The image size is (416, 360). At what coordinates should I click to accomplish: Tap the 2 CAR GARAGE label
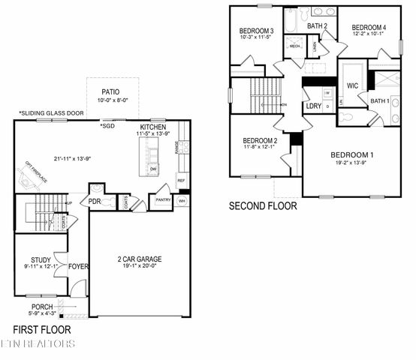(139, 259)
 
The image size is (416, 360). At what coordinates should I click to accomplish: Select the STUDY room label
(31, 260)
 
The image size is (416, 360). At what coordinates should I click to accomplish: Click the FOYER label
(78, 265)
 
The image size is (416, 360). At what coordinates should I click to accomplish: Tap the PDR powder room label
(95, 201)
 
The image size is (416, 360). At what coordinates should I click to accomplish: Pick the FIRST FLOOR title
(42, 329)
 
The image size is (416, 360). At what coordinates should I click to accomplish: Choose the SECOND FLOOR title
(262, 205)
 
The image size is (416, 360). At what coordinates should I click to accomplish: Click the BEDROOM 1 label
(353, 155)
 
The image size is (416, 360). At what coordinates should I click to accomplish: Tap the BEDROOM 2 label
(261, 141)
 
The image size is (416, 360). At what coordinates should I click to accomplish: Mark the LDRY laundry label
(314, 106)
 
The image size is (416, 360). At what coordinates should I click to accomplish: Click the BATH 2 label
(317, 26)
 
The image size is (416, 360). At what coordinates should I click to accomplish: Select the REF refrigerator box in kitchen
(181, 181)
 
